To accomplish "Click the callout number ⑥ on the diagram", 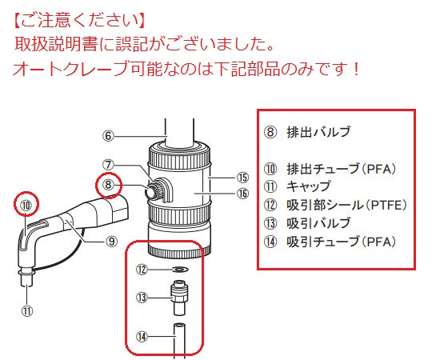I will tap(109, 137).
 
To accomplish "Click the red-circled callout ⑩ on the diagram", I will tap(26, 206).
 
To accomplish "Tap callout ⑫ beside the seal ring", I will tap(142, 270).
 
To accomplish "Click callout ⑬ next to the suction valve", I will tap(142, 297).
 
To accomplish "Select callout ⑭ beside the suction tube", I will tap(142, 337).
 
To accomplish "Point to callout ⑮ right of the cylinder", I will tap(242, 177).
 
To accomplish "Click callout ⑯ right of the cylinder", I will tap(242, 193).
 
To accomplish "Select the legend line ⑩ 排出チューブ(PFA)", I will tap(330, 169).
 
